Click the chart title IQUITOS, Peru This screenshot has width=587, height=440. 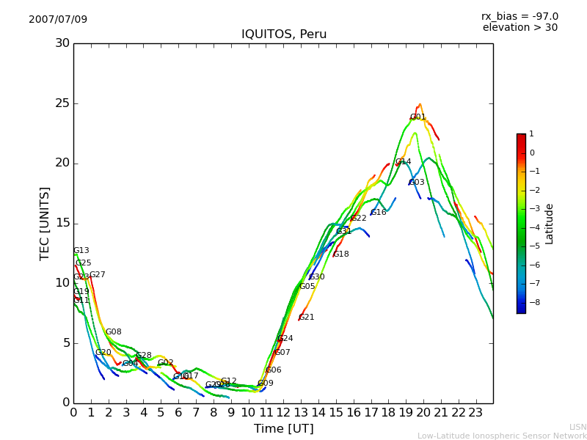pos(284,34)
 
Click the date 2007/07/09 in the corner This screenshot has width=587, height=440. pos(58,19)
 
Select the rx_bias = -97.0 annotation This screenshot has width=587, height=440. pos(519,16)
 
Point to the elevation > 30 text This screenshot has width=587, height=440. pos(519,28)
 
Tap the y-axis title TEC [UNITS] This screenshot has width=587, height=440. pos(45,223)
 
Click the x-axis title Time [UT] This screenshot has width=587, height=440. pos(283,428)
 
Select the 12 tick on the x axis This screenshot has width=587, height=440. pos(283,412)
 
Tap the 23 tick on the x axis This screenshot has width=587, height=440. pos(475,412)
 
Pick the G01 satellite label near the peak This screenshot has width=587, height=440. pos(418,117)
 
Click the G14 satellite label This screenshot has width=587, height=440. pos(403,162)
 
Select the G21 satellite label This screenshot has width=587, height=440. pos(307,318)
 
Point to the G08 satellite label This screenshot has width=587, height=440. pos(114,332)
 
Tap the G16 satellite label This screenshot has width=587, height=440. pos(379,213)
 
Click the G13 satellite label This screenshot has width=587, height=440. pos(81,251)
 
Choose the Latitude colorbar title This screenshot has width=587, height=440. pos(550,224)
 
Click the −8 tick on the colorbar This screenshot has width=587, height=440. pos(532,301)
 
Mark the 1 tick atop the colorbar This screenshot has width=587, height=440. pos(531,134)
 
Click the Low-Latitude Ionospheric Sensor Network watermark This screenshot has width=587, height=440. pos(502,436)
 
